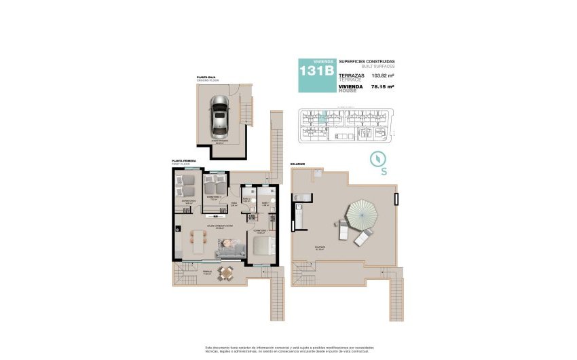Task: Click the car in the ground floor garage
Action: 220,115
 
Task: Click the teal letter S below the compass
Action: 384,171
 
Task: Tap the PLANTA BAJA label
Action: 206,78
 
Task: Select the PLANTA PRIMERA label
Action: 184,160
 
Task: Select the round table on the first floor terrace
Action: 225,273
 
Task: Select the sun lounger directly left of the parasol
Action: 342,232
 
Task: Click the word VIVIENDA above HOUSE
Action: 350,87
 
